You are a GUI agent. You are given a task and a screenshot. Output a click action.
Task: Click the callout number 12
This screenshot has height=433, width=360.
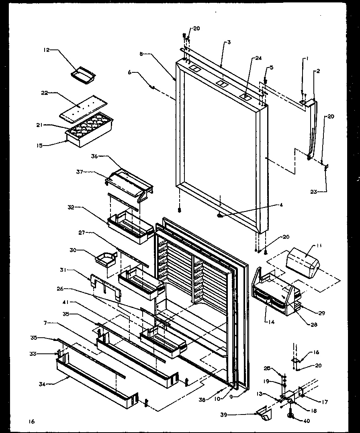46,50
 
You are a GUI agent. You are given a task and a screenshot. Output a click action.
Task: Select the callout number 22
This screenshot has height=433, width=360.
44,93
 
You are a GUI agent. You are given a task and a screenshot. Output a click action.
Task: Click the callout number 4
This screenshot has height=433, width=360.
281,205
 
